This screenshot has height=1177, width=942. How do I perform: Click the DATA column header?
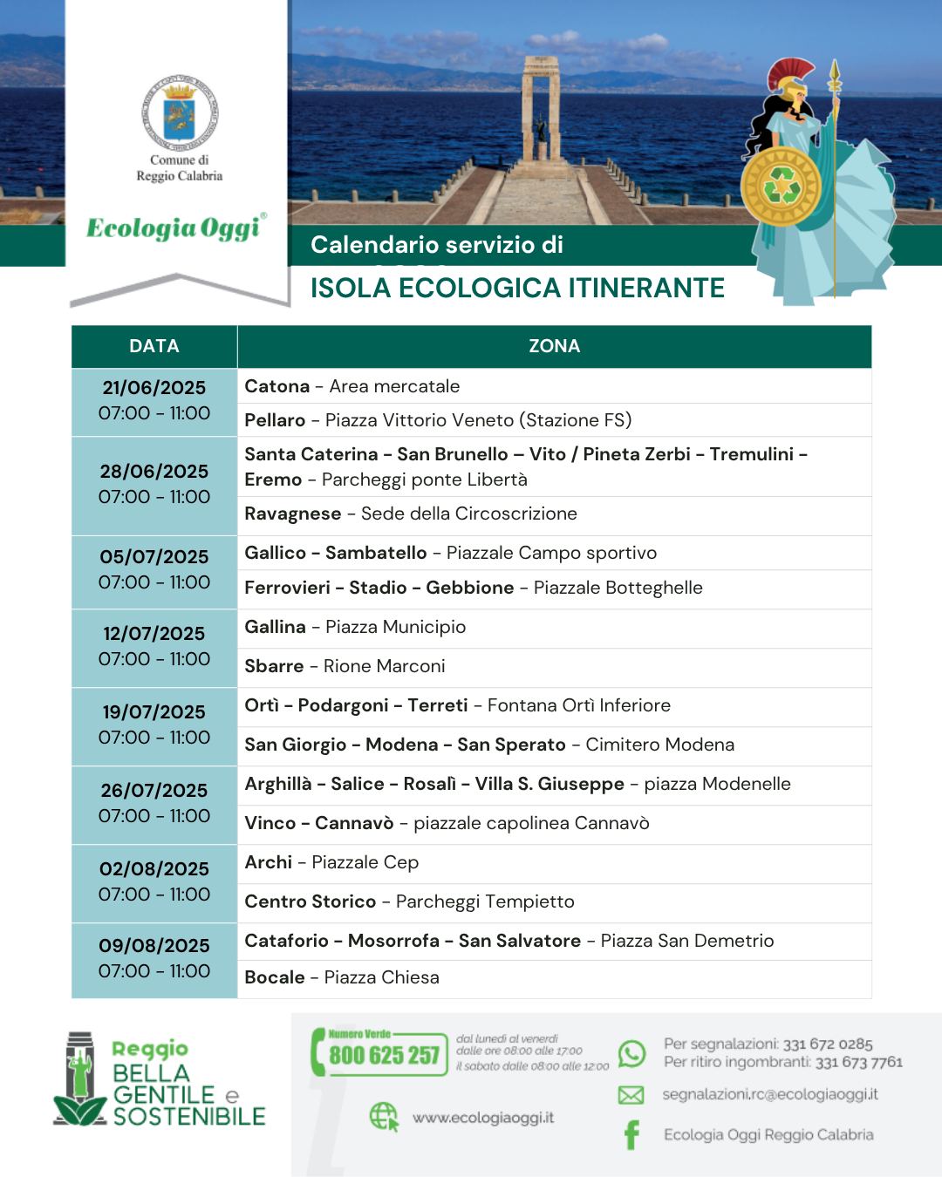click(x=154, y=346)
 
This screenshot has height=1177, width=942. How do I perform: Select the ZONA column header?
click(x=554, y=346)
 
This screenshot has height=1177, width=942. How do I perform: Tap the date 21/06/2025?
click(x=154, y=388)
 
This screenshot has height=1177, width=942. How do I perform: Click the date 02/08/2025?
click(x=154, y=869)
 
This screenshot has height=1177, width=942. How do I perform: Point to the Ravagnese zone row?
click(x=410, y=514)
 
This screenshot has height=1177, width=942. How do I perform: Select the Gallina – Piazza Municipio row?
click(x=355, y=628)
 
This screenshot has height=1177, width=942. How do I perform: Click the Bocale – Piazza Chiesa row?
click(x=342, y=978)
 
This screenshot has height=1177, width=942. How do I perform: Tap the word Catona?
click(x=277, y=386)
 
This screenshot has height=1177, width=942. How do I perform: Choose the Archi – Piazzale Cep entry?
click(x=331, y=863)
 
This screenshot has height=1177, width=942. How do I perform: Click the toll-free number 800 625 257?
click(x=384, y=1056)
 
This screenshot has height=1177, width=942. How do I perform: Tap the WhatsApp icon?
click(x=631, y=1053)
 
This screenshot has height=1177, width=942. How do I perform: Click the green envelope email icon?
click(x=631, y=1095)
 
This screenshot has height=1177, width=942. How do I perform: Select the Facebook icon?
click(x=631, y=1134)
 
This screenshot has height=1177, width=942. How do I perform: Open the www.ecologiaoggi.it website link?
click(x=482, y=1118)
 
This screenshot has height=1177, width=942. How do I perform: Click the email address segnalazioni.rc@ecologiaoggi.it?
click(x=770, y=1094)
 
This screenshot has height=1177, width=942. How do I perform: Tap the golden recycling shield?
click(x=781, y=186)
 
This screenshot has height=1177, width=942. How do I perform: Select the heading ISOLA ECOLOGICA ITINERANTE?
click(x=517, y=289)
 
